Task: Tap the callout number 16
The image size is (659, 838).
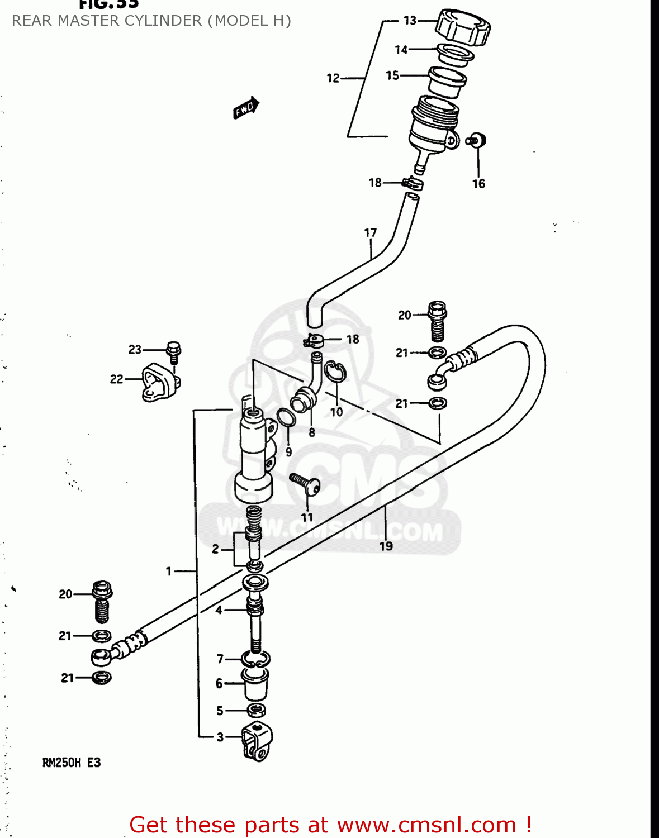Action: pyautogui.click(x=478, y=184)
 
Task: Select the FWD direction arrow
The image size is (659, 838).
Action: pyautogui.click(x=246, y=108)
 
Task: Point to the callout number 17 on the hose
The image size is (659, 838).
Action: pyautogui.click(x=371, y=232)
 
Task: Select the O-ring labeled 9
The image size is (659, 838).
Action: pyautogui.click(x=286, y=417)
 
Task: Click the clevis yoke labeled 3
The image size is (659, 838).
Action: pyautogui.click(x=257, y=741)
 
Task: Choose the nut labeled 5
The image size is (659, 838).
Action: pyautogui.click(x=257, y=710)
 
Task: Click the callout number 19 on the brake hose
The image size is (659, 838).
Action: pyautogui.click(x=386, y=546)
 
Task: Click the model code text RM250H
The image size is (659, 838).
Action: pyautogui.click(x=61, y=763)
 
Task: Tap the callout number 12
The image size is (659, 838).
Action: pyautogui.click(x=333, y=78)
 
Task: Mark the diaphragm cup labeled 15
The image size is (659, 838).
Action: pyautogui.click(x=447, y=82)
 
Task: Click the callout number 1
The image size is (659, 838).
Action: pyautogui.click(x=168, y=571)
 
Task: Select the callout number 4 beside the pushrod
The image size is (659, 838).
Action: pyautogui.click(x=219, y=610)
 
